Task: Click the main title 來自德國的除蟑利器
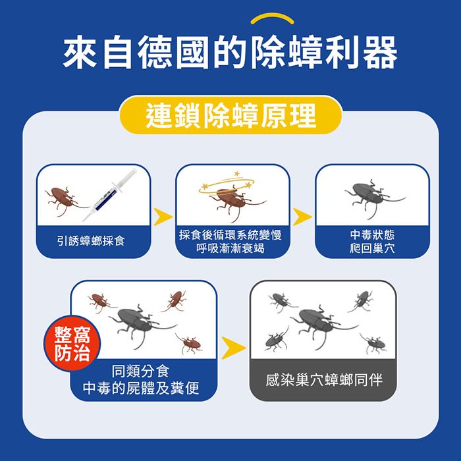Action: [x=230, y=53]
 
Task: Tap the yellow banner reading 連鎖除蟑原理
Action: [x=230, y=115]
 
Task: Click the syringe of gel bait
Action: [x=110, y=195]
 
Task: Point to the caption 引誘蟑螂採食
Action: [x=91, y=241]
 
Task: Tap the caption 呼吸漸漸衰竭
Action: [x=230, y=248]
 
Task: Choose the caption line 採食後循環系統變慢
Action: [x=230, y=235]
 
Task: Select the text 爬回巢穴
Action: [x=372, y=248]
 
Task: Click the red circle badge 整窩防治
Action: [x=72, y=343]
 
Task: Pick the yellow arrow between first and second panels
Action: [x=163, y=217]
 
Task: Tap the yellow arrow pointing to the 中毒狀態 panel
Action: [x=302, y=217]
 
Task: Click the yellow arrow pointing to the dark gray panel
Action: [x=233, y=348]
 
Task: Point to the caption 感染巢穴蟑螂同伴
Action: [x=324, y=379]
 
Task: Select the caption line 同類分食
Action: [x=140, y=371]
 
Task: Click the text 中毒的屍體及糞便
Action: [x=141, y=388]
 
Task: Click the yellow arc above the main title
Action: [x=272, y=18]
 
